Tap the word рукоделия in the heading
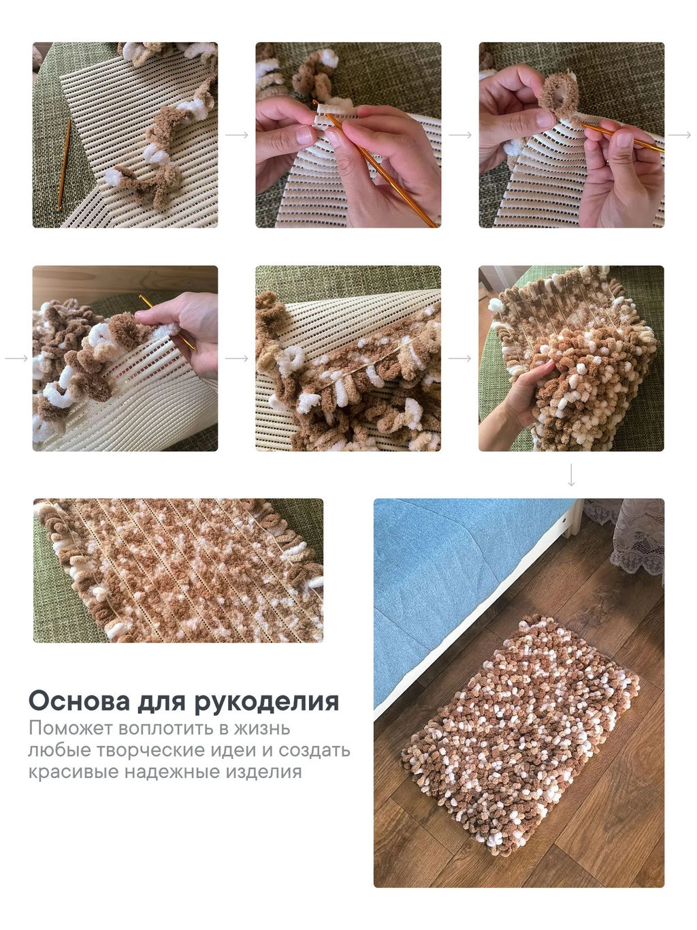point(267,701)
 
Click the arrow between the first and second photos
point(236,136)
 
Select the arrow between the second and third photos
point(459,136)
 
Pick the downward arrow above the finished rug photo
point(571,475)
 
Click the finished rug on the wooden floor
point(521,729)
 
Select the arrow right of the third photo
point(679,136)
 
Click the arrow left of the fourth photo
point(16,358)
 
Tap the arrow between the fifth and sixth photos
point(459,358)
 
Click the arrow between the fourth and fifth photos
point(236,358)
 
